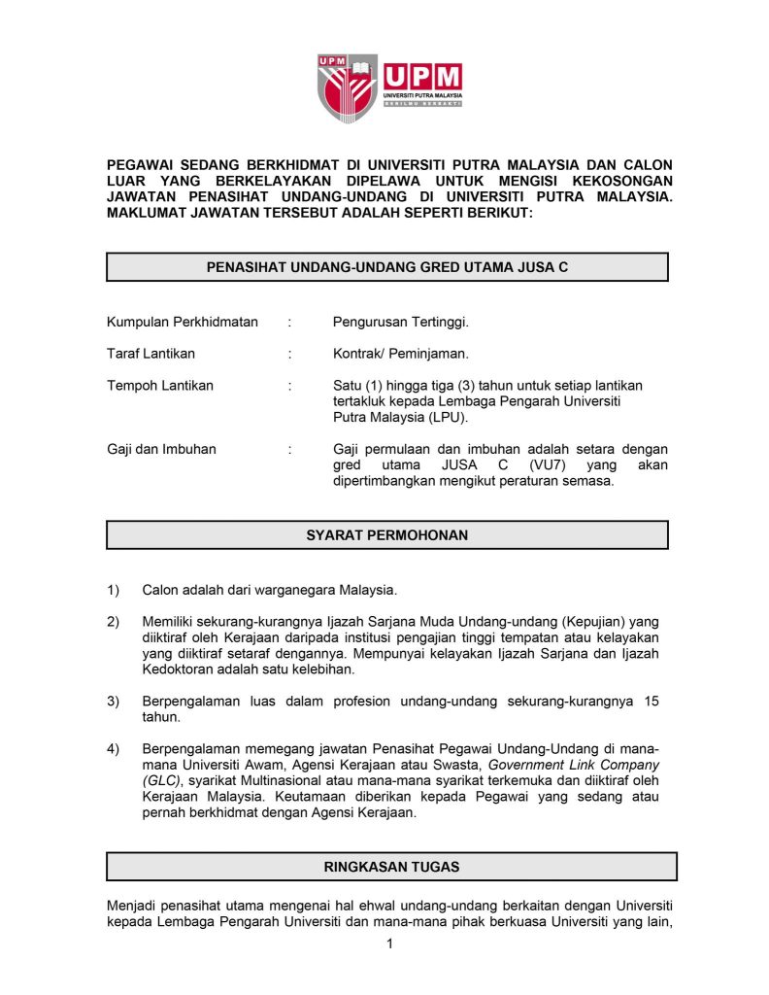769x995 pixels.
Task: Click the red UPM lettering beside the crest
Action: coord(423,77)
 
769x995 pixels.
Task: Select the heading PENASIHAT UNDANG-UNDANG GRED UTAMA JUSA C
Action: coord(386,267)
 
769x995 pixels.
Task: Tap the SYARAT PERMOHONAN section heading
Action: coord(386,534)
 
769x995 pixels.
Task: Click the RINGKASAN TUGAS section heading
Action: coord(391,866)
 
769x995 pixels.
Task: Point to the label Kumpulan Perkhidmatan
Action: coord(182,322)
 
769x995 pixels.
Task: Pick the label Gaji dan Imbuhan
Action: coord(161,449)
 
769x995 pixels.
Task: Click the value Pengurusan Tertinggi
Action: coord(400,322)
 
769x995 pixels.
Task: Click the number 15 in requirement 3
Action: coord(651,702)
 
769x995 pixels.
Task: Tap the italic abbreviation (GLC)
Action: coord(161,781)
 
